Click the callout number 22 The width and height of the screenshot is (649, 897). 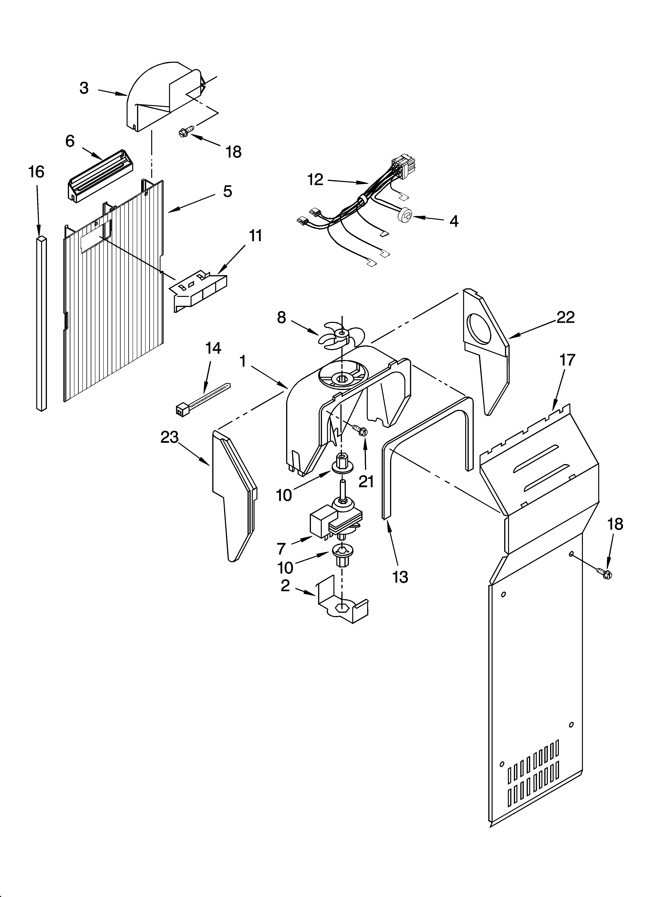(565, 317)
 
